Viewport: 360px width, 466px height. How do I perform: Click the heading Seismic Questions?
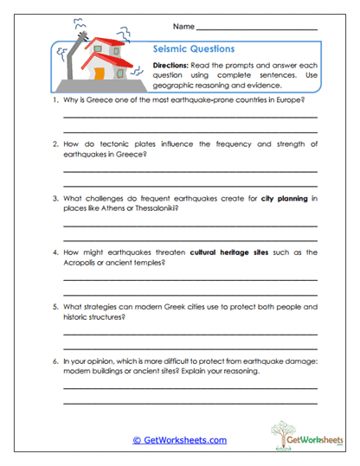193,49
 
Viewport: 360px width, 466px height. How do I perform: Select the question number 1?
55,101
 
